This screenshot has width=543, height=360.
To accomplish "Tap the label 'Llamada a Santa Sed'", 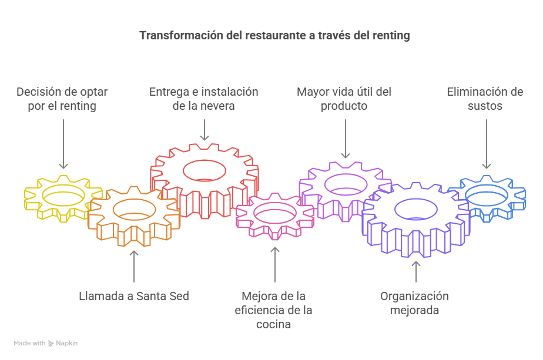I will pyautogui.click(x=134, y=296).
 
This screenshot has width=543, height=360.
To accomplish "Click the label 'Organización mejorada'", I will pyautogui.click(x=414, y=303).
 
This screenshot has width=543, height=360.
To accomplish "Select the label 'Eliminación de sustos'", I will pyautogui.click(x=485, y=99).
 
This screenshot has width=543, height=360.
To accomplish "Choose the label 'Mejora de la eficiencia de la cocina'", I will pyautogui.click(x=274, y=310).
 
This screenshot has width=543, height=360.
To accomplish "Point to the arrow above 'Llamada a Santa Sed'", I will pyautogui.click(x=134, y=267).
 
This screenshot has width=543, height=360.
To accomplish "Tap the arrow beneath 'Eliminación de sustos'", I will pyautogui.click(x=486, y=143).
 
